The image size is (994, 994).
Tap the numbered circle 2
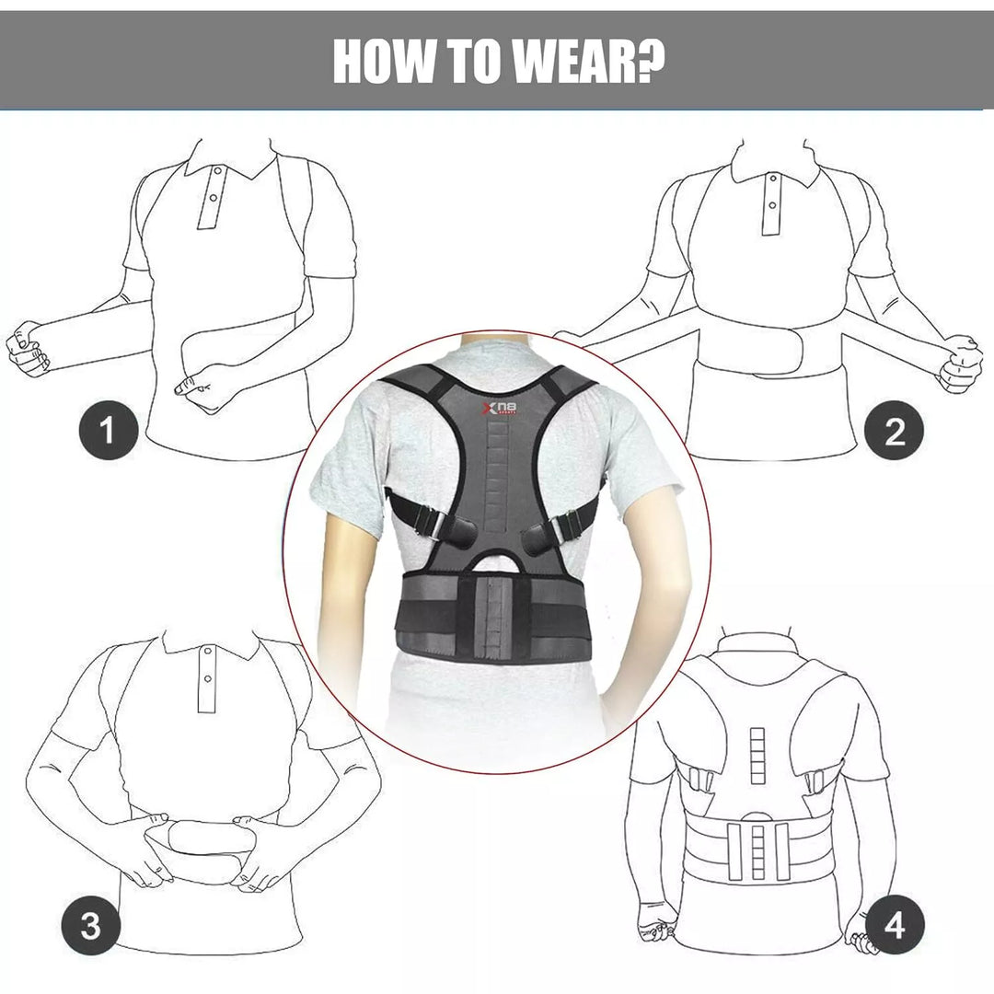(894, 430)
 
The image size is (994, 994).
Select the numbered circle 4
(894, 924)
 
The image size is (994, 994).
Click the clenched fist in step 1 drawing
(27, 350)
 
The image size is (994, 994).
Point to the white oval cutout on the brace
(496, 560)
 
